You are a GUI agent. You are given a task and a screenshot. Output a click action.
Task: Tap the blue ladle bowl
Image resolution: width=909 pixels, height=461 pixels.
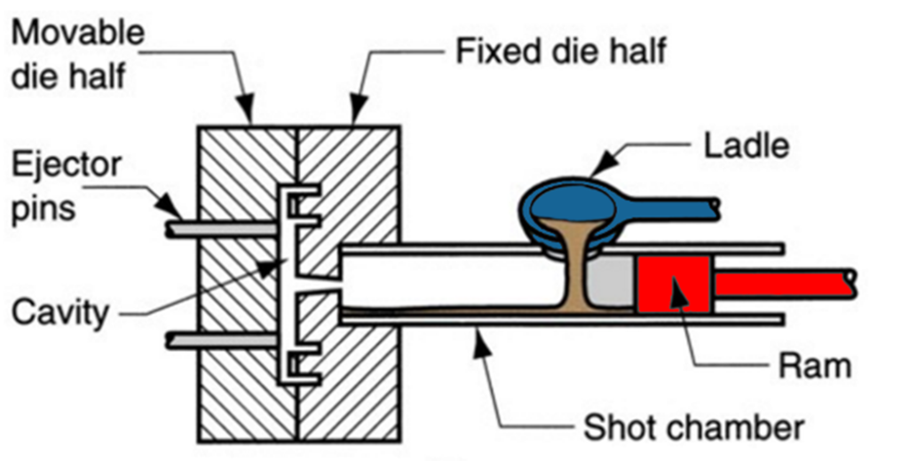(x=568, y=201)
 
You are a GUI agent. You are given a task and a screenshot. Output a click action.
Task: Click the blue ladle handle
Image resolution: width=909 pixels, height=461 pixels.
(x=675, y=208)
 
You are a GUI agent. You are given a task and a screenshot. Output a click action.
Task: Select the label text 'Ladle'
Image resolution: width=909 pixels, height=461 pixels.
(x=746, y=145)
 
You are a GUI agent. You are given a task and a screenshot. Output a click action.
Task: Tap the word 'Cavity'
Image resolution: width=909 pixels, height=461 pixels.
(x=60, y=311)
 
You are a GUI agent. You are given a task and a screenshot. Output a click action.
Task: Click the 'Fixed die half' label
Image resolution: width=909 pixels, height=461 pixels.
(x=560, y=51)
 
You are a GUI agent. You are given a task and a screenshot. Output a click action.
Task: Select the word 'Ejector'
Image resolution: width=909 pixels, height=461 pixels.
(x=67, y=164)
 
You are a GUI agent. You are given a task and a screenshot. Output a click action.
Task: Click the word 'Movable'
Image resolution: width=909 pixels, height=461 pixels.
(x=77, y=34)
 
